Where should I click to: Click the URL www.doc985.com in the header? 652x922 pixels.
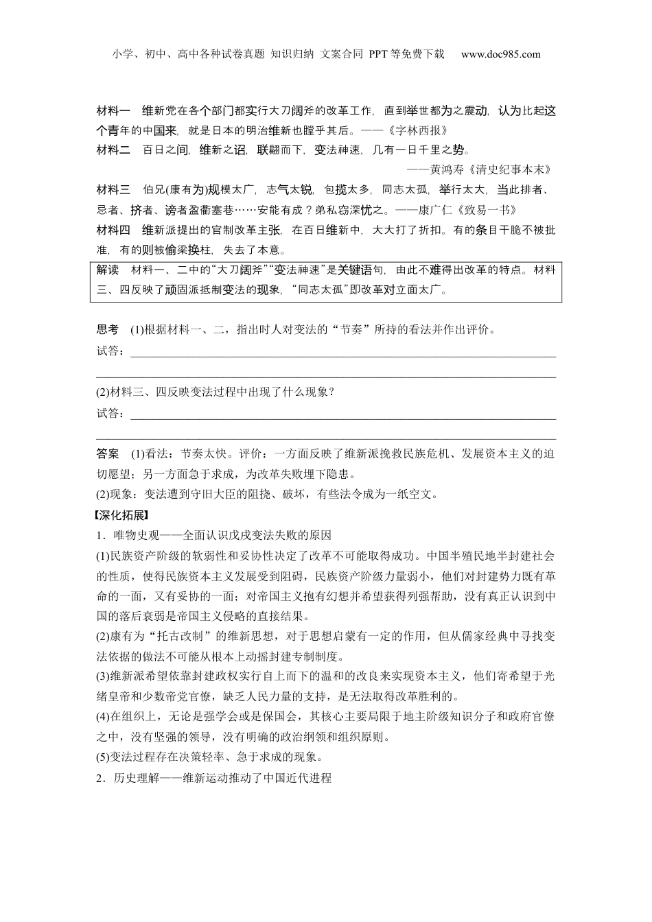click(x=500, y=54)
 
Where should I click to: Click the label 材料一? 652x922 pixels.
click(x=113, y=110)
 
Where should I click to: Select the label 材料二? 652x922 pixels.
click(x=113, y=150)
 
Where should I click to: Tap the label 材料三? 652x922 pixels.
click(x=113, y=190)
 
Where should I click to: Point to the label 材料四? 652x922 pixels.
click(x=113, y=230)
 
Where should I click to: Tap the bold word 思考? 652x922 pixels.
click(x=107, y=329)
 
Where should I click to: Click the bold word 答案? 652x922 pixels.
click(x=107, y=454)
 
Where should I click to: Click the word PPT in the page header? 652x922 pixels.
click(x=379, y=54)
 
